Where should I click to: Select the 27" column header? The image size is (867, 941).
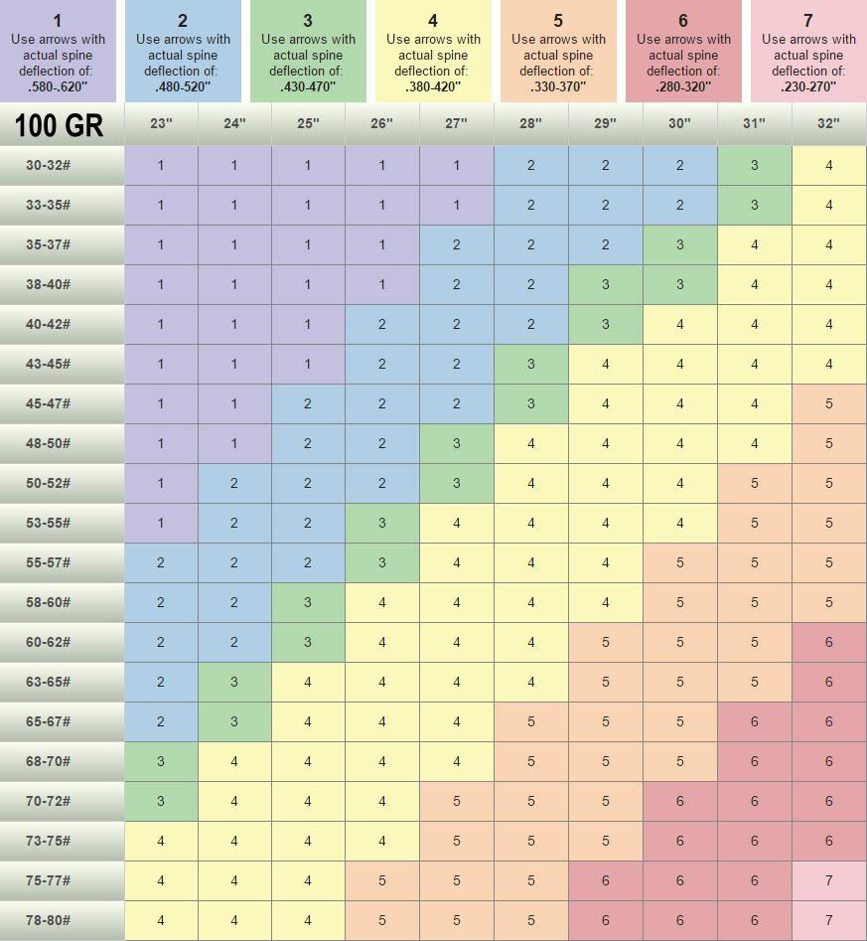coord(457,124)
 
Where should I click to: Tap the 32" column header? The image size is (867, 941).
coord(828,124)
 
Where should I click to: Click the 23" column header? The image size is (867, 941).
coord(161,124)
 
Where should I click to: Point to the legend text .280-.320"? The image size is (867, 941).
coord(683,86)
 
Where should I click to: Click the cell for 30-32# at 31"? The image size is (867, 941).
coord(755,166)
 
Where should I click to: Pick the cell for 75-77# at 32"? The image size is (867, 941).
coord(828,880)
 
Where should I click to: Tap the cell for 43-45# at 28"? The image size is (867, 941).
coord(531,364)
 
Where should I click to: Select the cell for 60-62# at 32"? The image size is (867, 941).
coord(828,642)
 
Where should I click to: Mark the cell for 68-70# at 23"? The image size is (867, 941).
coord(161,761)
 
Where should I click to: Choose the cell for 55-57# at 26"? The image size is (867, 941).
coord(382,562)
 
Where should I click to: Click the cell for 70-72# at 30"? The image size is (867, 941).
coord(680,801)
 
